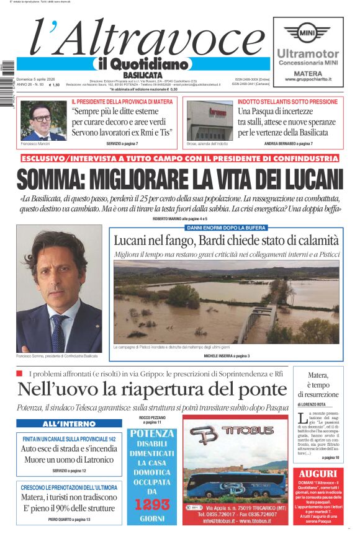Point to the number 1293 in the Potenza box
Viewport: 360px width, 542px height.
pos(151,504)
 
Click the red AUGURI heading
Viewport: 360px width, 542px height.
pos(317,474)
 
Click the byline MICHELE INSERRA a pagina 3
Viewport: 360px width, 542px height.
pos(227,356)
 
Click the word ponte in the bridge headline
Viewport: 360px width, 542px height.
pos(254,390)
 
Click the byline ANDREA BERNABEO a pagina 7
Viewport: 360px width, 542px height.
pos(288,143)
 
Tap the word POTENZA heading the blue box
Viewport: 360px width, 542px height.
pos(151,433)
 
